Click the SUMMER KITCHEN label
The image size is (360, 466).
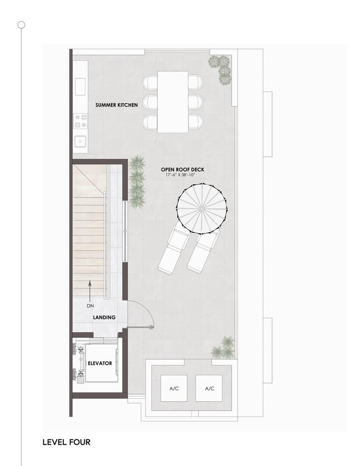click(116, 105)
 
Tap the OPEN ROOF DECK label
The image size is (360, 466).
click(183, 169)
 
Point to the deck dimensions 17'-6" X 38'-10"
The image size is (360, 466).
click(180, 175)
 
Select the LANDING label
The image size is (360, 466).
click(104, 318)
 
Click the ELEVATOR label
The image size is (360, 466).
click(100, 363)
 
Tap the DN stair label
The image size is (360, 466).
click(90, 306)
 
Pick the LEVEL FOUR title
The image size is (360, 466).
click(66, 442)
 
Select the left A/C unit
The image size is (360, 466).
click(174, 388)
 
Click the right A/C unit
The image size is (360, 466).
click(209, 388)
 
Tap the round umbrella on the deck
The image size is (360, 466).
click(201, 209)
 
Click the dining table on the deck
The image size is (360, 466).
click(172, 102)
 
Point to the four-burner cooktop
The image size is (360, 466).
click(80, 121)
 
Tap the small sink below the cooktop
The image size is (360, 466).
click(80, 141)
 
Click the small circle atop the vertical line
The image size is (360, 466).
click(21, 25)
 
